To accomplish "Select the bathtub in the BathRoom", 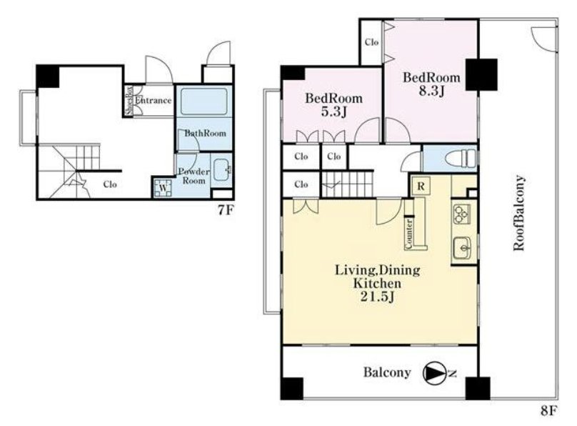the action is point(204,101).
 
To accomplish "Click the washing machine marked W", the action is point(163,188).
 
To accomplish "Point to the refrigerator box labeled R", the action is point(421,187).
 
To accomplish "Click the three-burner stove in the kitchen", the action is point(461,214).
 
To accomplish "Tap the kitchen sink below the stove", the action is point(461,249).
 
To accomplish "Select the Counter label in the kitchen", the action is point(409,234).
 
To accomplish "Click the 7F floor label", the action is point(226,211).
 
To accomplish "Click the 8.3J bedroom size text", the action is point(431,91).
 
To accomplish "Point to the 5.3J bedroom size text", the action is point(333,112).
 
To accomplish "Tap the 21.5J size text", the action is point(377,297).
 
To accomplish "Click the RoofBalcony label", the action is point(519,213).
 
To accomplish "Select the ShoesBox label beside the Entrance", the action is point(129,101).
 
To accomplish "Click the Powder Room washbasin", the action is point(221,169).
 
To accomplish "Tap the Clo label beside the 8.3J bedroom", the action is point(371,42).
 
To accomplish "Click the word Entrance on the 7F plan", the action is point(153,100).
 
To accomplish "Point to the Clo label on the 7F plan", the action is point(110,184).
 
